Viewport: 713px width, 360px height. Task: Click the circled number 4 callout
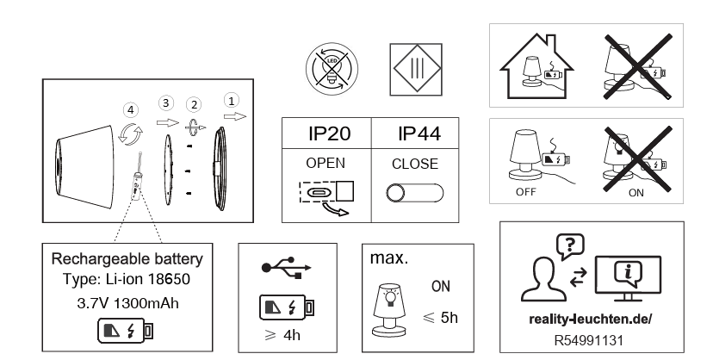tap(129, 109)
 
